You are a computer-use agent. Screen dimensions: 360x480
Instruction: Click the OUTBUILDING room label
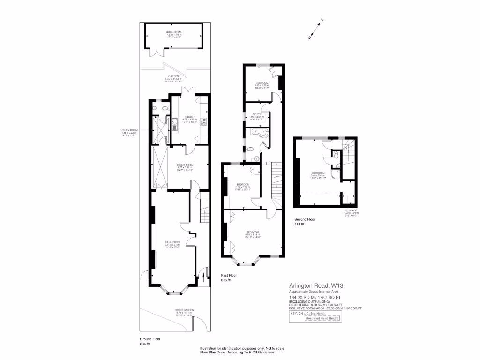[174, 32]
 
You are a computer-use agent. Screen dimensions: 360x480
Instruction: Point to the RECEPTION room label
[172, 242]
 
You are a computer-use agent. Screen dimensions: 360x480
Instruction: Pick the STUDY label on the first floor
[257, 114]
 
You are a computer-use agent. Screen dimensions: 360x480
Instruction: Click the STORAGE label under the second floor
[352, 210]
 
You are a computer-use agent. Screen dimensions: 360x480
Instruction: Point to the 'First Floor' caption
[230, 276]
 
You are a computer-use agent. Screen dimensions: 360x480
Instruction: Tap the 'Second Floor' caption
[305, 219]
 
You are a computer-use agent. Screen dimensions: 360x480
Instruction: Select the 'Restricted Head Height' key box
[323, 318]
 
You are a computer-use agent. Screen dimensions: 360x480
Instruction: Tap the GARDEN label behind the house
[172, 76]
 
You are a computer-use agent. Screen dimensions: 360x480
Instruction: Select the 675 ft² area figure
[226, 281]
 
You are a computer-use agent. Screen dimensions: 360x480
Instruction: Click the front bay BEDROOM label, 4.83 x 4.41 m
[253, 232]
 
